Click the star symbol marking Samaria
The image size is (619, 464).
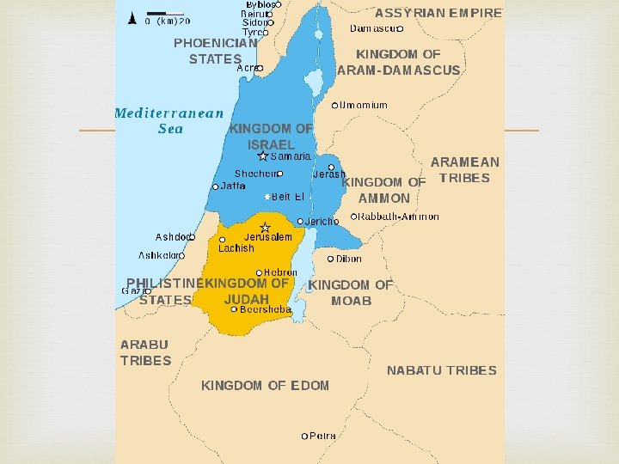tap(263, 156)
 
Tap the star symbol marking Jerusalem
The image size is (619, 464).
tap(266, 228)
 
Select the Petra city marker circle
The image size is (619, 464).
tap(304, 437)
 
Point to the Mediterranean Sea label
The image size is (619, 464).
tap(169, 120)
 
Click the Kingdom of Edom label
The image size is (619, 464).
tap(265, 386)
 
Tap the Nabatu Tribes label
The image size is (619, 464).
tap(441, 370)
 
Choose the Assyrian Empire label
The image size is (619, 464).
tap(438, 13)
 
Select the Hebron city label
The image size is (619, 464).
tap(280, 272)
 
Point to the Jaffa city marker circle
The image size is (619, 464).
tap(215, 186)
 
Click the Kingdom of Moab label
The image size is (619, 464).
tap(351, 292)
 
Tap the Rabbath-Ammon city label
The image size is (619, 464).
tap(399, 217)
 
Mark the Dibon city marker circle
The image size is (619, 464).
tap(331, 259)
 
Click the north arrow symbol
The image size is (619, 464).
tap(132, 17)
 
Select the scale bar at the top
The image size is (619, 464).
tap(157, 13)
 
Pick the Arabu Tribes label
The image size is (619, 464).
tap(145, 352)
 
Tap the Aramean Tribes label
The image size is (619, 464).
tap(464, 170)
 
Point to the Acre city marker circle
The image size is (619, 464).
tap(260, 68)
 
